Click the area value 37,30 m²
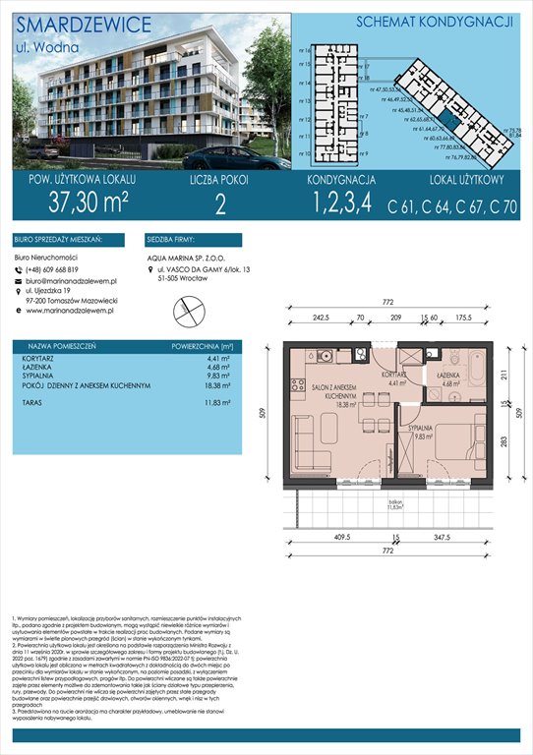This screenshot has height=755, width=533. click(x=75, y=204)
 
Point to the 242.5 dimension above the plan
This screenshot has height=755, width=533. click(x=315, y=319)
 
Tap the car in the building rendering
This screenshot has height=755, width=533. click(x=225, y=157)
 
